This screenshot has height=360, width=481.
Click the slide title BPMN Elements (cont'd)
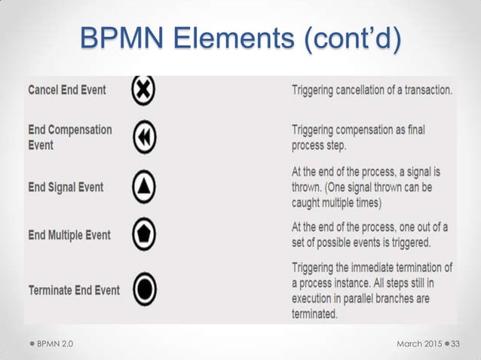coord(240,37)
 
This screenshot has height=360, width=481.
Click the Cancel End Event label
coord(67,90)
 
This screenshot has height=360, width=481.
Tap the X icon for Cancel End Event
coord(142,90)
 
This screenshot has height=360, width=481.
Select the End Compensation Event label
coord(69,136)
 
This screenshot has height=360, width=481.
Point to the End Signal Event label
coord(66,187)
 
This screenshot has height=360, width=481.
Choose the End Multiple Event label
coord(69,235)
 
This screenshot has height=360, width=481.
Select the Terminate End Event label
coord(73,290)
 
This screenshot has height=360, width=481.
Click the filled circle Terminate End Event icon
coord(143,288)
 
